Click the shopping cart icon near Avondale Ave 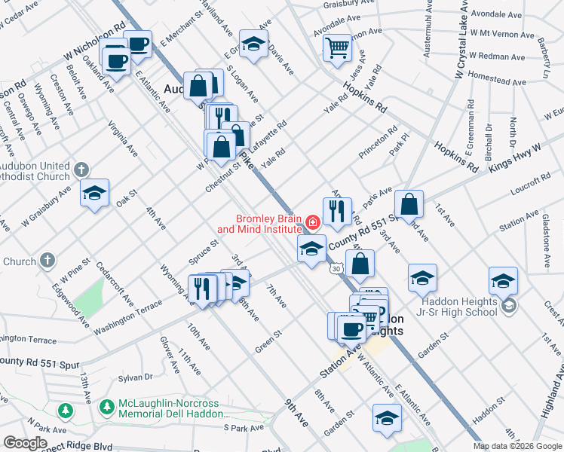click(337, 47)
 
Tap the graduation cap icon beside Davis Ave click(254, 44)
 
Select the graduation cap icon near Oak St click(95, 193)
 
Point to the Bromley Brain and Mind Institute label click(260, 223)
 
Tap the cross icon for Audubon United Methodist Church click(84, 168)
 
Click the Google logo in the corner click(25, 443)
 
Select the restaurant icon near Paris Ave click(337, 210)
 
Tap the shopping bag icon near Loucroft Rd click(408, 204)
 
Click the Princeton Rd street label click(378, 143)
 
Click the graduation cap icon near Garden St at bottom click(387, 418)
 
